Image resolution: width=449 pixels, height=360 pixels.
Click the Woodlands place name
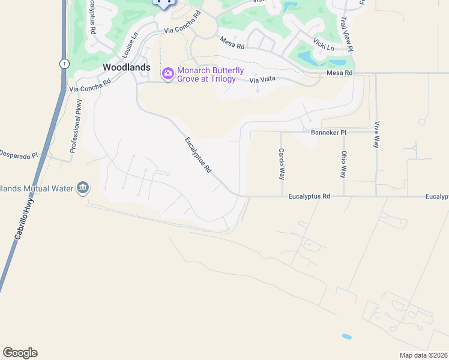pos(126,67)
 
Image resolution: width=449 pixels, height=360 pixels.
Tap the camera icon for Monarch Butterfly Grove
pos(168,74)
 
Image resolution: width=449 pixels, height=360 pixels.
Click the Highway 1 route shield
pos(64,64)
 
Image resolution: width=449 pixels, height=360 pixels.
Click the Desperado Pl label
pos(18,155)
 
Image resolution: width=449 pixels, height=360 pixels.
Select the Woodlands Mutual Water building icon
pos(83,188)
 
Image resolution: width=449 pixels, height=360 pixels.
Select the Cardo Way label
pos(280,164)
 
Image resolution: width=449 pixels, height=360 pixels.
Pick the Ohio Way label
pos(343,164)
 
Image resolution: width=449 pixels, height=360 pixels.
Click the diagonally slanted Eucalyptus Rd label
pos(198,155)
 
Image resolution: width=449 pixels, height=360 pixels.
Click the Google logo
pos(20,353)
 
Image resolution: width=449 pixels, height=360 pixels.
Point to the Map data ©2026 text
pos(423,355)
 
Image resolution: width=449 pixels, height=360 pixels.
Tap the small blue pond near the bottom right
pos(347,337)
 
